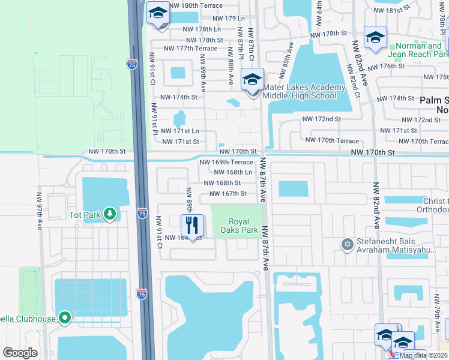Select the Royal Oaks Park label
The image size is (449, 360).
[x=240, y=225]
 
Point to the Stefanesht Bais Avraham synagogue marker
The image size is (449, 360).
[x=346, y=244]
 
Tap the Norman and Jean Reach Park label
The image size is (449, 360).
[x=418, y=50]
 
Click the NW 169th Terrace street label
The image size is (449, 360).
[x=226, y=162]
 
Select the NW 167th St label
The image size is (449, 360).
[x=228, y=193]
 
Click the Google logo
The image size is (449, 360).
[x=20, y=353]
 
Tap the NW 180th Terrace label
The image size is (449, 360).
[x=196, y=5]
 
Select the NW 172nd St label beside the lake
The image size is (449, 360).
[x=321, y=119]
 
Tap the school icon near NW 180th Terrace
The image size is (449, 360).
[x=159, y=13]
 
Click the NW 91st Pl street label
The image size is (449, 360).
[x=155, y=119]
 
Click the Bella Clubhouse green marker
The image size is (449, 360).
[x=65, y=319]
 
